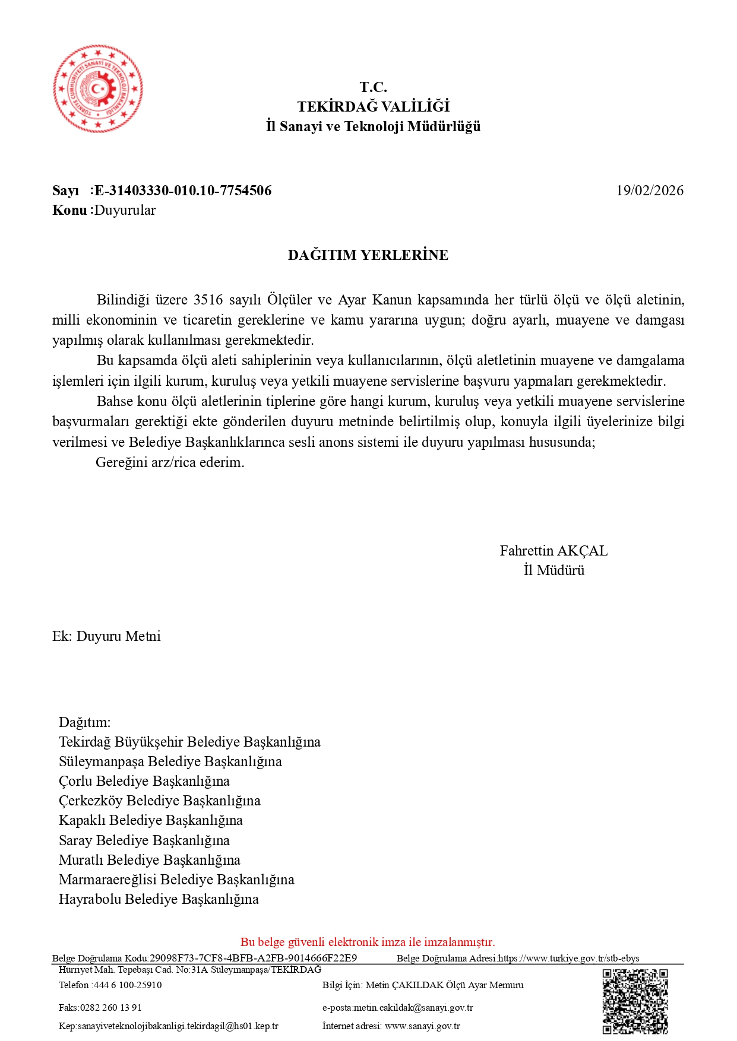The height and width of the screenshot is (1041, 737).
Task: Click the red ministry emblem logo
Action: tap(98, 89)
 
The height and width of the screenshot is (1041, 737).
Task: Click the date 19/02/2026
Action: tap(649, 191)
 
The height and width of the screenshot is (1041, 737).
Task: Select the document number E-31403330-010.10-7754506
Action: tap(183, 191)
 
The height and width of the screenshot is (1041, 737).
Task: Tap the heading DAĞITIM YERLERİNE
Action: tap(368, 255)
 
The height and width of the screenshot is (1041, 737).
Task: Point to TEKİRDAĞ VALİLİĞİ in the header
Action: tap(373, 107)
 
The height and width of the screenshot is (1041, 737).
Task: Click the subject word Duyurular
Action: tap(125, 210)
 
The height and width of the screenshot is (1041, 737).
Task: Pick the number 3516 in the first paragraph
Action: tap(208, 300)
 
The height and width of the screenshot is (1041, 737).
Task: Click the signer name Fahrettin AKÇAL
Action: tap(553, 551)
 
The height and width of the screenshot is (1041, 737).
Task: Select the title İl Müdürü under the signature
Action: tap(553, 570)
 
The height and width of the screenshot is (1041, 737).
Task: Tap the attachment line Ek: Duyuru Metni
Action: tap(106, 636)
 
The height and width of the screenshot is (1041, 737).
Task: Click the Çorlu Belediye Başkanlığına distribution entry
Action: tap(144, 781)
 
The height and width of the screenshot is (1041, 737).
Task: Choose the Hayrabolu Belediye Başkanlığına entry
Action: tap(159, 899)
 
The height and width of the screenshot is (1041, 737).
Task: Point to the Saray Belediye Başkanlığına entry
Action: tap(144, 840)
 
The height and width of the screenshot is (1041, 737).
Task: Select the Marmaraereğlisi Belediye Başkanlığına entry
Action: tap(176, 880)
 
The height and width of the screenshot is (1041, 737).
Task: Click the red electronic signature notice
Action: tap(368, 942)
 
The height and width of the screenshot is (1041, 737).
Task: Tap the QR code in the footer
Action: tap(635, 1001)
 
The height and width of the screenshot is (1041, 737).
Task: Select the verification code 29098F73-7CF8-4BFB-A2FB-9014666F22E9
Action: tap(253, 958)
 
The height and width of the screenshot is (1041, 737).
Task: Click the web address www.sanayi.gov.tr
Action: tap(422, 1026)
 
